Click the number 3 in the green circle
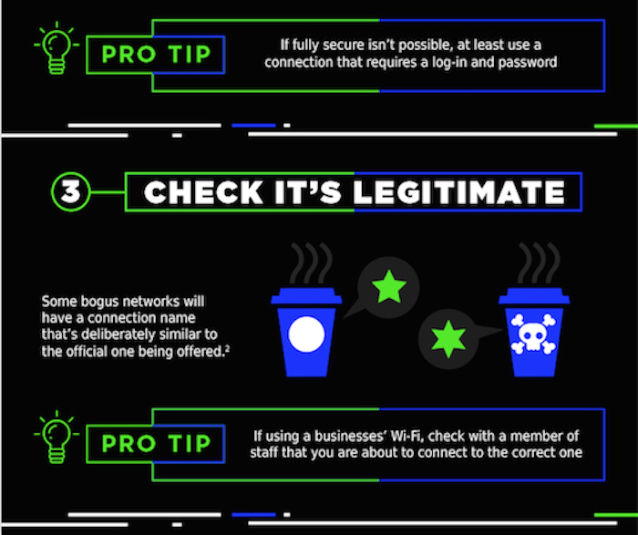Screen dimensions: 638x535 click(70, 191)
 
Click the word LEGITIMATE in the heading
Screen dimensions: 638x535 click(459, 192)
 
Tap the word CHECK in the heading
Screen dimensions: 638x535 click(203, 192)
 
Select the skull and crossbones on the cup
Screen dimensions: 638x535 click(533, 334)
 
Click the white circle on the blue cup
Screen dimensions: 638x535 click(306, 334)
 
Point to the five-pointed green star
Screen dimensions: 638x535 click(389, 287)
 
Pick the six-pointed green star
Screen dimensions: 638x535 click(448, 339)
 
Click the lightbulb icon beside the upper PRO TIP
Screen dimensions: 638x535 click(57, 48)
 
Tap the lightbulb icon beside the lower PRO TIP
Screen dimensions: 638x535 click(57, 437)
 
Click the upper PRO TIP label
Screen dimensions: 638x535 click(156, 55)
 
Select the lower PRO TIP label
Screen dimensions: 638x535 click(156, 444)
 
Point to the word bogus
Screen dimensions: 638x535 click(100, 302)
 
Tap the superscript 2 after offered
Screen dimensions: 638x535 click(228, 348)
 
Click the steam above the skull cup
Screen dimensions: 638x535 click(539, 263)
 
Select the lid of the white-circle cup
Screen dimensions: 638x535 click(306, 296)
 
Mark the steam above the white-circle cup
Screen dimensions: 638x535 click(311, 263)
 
